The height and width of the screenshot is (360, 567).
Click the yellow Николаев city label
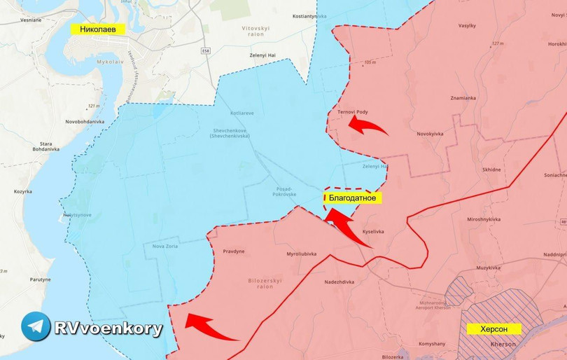97,29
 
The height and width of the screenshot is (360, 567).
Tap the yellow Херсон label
493,328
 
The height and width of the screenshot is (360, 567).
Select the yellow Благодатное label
353,198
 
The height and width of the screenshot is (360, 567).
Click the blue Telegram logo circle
36,326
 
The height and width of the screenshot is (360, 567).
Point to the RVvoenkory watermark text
108,328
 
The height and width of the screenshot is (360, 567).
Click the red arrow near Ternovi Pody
367,125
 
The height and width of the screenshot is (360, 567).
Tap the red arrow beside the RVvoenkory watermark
210,327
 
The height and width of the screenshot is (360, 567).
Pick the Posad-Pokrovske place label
286,191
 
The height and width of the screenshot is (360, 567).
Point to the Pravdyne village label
234,251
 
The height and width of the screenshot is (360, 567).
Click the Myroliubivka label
302,254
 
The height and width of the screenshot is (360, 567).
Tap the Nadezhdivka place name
339,282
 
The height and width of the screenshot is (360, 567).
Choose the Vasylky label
467,26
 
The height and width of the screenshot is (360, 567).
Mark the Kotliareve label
242,112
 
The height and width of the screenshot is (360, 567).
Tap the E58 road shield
206,50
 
